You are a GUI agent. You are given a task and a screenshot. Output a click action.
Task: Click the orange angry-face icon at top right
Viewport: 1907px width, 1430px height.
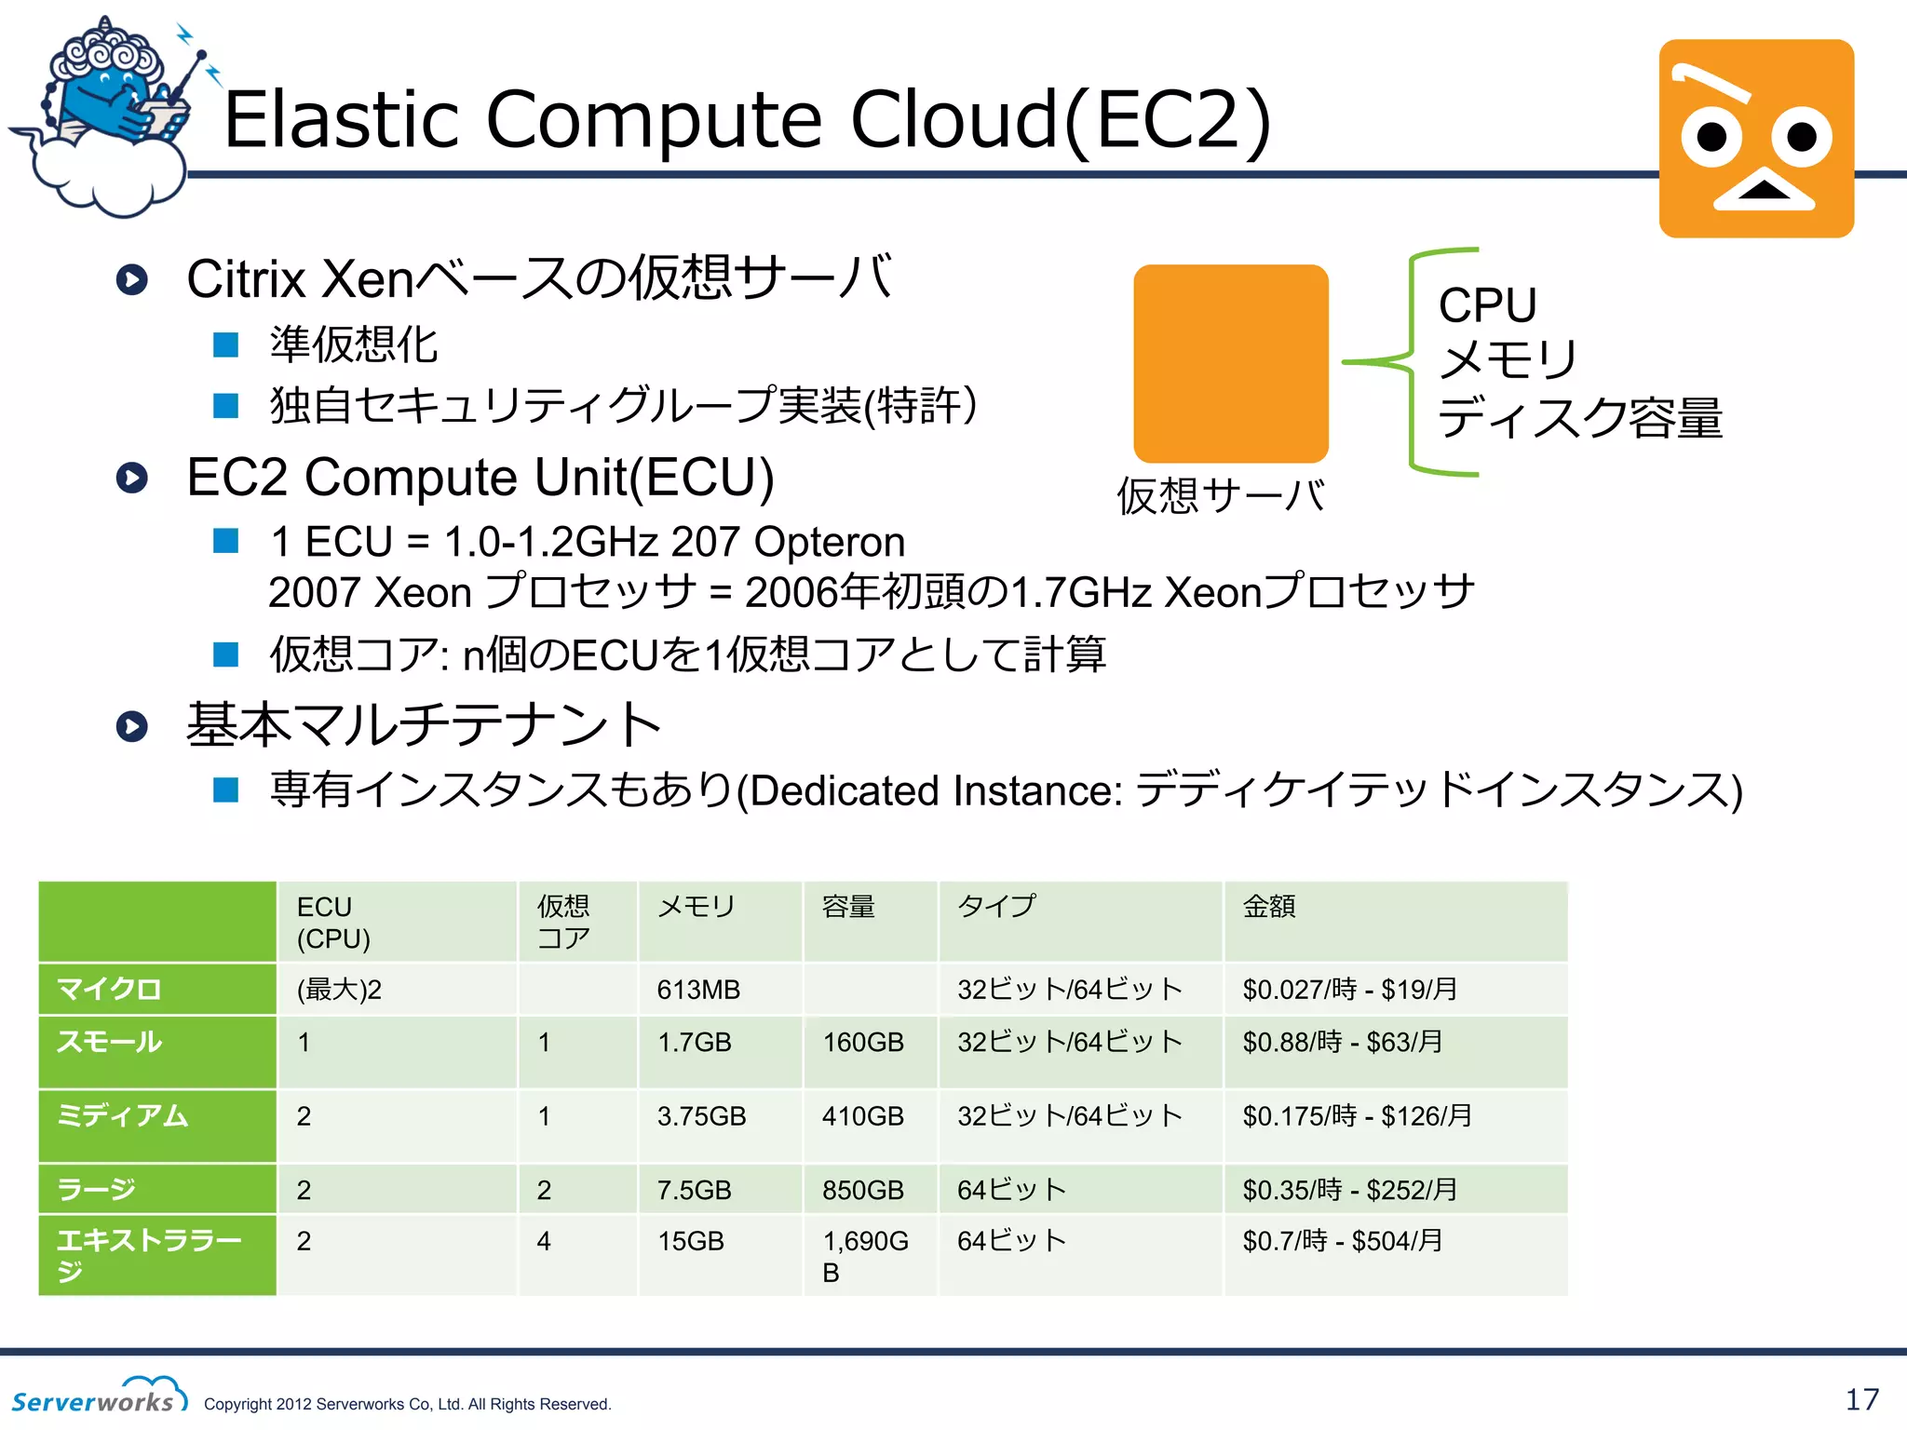click(1756, 138)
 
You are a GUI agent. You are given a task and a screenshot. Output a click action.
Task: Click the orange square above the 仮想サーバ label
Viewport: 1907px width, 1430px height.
click(1230, 363)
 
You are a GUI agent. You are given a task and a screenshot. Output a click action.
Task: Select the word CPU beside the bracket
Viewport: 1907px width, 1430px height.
click(1487, 305)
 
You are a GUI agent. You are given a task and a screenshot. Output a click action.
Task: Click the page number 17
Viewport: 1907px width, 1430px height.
click(1862, 1399)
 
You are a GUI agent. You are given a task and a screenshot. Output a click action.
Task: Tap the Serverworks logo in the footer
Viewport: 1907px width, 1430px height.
click(99, 1396)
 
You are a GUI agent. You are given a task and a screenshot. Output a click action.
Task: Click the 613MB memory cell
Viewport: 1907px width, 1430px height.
click(698, 990)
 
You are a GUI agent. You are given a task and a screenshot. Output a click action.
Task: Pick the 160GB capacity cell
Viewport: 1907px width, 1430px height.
click(863, 1042)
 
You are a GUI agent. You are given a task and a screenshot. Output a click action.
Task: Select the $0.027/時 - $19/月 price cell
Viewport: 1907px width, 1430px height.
click(1349, 990)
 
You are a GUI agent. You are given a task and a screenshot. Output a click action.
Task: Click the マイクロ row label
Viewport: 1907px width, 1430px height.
click(109, 989)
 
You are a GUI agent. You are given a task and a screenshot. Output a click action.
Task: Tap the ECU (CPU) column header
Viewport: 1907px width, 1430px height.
click(333, 922)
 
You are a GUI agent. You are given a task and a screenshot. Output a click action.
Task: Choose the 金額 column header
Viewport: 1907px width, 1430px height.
click(1269, 906)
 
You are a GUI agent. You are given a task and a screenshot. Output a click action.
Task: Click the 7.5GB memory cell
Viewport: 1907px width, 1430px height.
click(695, 1190)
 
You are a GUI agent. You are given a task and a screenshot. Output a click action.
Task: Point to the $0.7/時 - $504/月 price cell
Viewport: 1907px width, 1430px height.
click(1342, 1241)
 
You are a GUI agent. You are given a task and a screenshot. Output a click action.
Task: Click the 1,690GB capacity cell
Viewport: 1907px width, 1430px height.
click(865, 1256)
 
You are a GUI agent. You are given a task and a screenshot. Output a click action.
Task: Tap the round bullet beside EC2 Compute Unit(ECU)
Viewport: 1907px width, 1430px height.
click(132, 478)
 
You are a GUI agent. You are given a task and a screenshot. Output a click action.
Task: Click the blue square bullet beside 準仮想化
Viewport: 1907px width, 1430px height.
click(226, 345)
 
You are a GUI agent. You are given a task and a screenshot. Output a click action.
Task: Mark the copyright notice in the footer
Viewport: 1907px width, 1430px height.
click(407, 1404)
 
